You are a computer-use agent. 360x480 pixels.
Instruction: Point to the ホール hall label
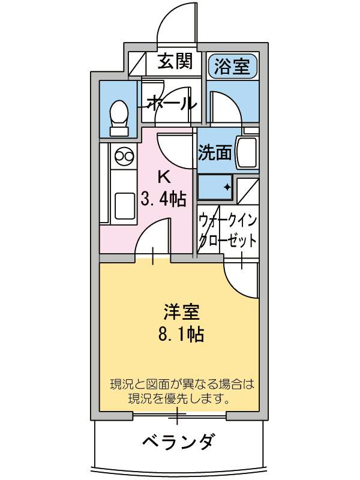click(x=171, y=103)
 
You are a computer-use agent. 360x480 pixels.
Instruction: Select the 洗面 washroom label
click(x=215, y=154)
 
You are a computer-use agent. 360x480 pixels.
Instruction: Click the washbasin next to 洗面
click(x=247, y=153)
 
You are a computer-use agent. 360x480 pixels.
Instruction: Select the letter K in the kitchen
click(x=163, y=177)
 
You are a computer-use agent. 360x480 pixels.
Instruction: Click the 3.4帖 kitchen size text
click(x=163, y=197)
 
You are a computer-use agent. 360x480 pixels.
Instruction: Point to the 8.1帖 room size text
click(x=181, y=334)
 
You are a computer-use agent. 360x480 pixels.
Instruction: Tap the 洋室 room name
click(x=181, y=313)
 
